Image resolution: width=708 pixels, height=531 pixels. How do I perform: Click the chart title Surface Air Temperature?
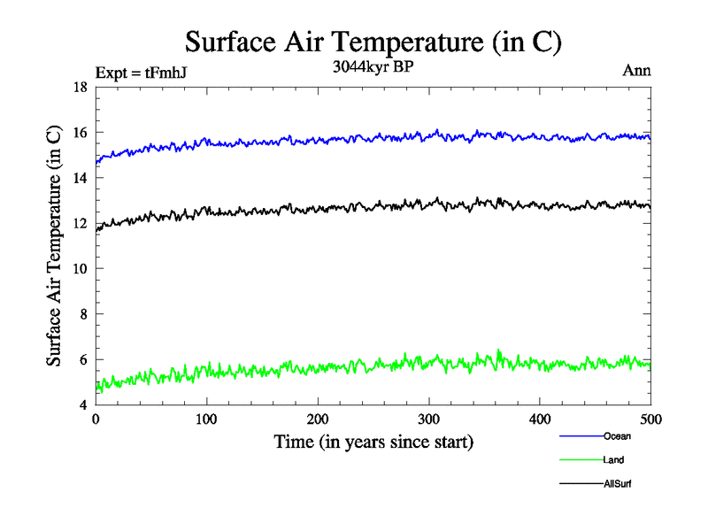pos(373,42)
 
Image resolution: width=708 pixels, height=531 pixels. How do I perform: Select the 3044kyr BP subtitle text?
pos(373,71)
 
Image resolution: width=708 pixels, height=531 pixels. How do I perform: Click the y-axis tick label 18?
pos(79,88)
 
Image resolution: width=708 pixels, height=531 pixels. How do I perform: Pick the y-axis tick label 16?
pos(79,133)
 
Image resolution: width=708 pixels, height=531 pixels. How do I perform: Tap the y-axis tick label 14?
pos(79,178)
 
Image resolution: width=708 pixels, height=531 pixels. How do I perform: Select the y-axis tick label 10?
pos(79,269)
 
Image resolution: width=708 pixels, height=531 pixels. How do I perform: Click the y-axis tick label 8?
pos(81,314)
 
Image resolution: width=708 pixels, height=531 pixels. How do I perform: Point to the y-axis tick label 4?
pos(81,404)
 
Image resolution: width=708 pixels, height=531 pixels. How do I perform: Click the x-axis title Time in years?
pos(373,442)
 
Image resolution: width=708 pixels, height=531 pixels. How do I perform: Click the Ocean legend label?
pos(617,436)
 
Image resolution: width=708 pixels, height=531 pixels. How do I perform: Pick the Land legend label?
pos(614,460)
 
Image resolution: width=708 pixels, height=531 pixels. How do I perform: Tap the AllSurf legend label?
pos(618,484)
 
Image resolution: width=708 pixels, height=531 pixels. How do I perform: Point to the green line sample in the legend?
pos(581,460)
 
